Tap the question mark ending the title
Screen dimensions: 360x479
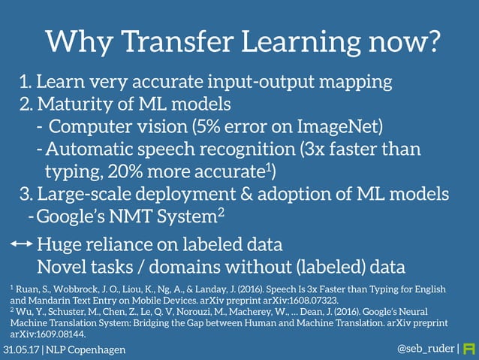point(430,42)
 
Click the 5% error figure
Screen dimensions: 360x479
point(203,125)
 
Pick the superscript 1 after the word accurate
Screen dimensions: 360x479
point(267,166)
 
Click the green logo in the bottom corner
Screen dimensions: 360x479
point(469,349)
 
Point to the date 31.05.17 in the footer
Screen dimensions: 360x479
point(21,350)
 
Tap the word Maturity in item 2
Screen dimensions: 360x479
point(70,102)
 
